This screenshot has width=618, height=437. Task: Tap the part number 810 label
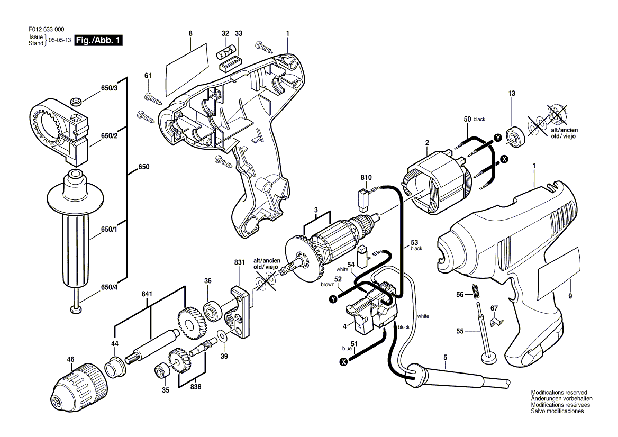[x=366, y=178]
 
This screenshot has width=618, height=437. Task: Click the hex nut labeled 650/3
[x=76, y=101]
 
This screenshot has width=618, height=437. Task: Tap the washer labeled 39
[x=222, y=336]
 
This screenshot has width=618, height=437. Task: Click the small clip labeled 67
[x=495, y=322]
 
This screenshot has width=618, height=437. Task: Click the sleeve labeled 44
[x=114, y=366]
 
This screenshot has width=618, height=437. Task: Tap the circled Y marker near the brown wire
[x=334, y=300]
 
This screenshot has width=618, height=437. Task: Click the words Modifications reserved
[x=559, y=393]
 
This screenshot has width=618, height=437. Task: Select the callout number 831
[x=239, y=262]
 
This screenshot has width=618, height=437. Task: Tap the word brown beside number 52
[x=328, y=285]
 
